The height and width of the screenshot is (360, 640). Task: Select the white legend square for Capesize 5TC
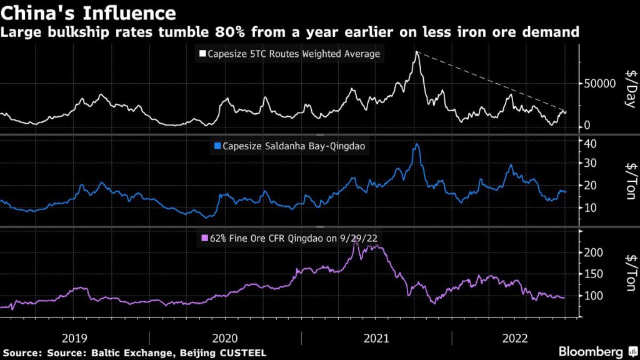tap(202, 54)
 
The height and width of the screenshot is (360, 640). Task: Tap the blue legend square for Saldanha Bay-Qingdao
tap(217, 146)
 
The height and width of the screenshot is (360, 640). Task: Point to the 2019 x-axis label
tap(76, 338)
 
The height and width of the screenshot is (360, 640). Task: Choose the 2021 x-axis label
tap(377, 338)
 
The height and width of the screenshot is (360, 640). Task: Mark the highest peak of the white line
tap(416, 52)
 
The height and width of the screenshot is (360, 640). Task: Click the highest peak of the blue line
tap(417, 144)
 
